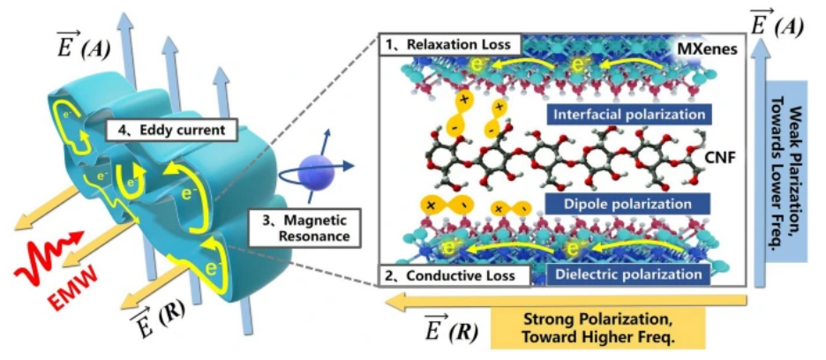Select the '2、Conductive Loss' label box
454,275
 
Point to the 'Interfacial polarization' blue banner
627,114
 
